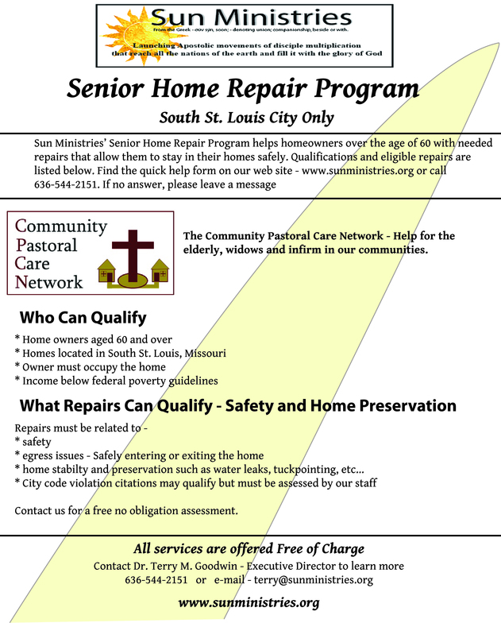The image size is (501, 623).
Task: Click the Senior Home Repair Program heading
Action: (242, 88)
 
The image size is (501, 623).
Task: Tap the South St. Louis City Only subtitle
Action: (246, 118)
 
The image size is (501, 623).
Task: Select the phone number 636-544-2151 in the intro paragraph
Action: (64, 184)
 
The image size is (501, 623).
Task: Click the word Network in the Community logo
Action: (49, 281)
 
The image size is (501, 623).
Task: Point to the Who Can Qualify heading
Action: (83, 318)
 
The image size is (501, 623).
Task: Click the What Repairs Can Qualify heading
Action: (237, 406)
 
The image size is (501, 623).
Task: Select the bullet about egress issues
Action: (139, 455)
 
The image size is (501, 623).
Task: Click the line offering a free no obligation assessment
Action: (126, 509)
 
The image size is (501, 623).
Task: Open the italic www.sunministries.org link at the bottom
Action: (249, 602)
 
